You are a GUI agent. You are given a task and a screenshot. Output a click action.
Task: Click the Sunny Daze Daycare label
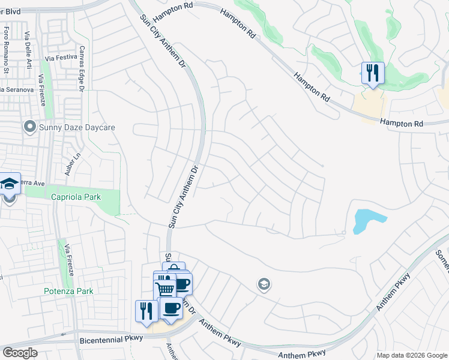click(76, 127)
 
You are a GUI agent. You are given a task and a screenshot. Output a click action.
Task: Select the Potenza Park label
click(69, 292)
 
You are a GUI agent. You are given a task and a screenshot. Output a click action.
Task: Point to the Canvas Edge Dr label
click(82, 69)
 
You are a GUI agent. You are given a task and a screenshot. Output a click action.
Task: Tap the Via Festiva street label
click(62, 58)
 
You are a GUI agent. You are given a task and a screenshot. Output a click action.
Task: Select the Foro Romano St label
click(7, 43)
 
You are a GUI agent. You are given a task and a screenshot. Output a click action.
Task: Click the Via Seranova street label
click(17, 89)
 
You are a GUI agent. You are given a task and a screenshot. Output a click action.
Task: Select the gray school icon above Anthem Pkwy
click(263, 284)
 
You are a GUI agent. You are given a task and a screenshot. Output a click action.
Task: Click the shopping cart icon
click(165, 289)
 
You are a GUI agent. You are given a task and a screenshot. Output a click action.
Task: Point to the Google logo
click(20, 353)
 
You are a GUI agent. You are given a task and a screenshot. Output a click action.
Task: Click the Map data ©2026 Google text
click(411, 355)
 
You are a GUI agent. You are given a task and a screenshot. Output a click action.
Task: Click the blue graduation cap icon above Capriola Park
click(9, 185)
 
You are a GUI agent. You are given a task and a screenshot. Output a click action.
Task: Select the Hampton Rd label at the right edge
click(402, 122)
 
